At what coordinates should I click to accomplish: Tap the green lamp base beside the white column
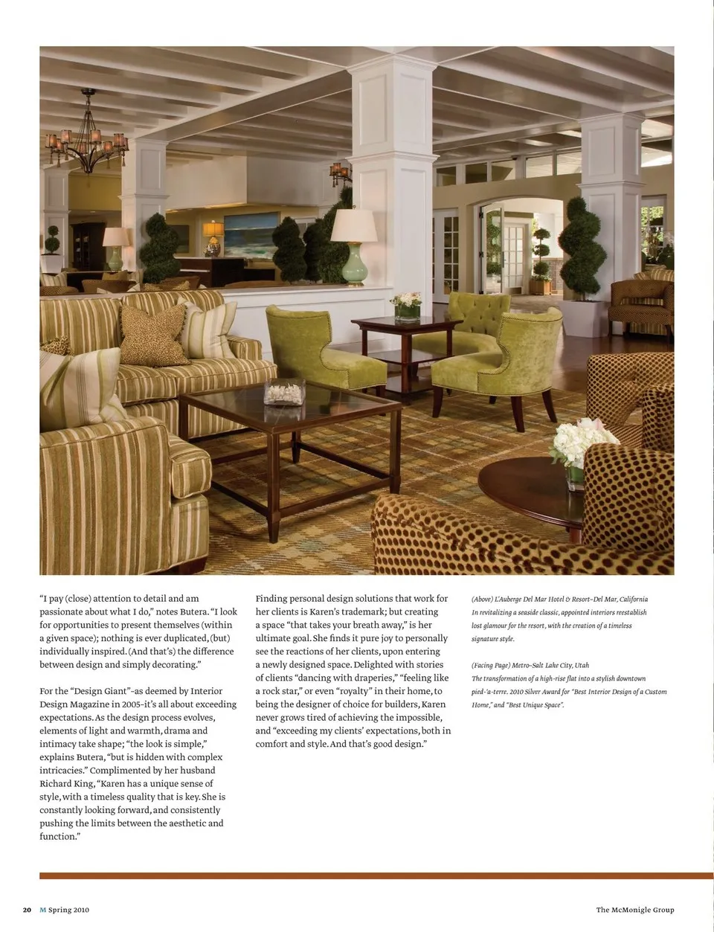[354, 263]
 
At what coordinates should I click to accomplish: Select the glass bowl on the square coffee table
[284, 391]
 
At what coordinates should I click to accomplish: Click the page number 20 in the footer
[27, 910]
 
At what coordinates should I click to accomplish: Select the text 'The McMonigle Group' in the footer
[634, 910]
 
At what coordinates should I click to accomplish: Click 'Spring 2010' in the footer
[68, 910]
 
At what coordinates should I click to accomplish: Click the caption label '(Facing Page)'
[490, 665]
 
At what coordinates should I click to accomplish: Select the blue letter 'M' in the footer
[42, 910]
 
